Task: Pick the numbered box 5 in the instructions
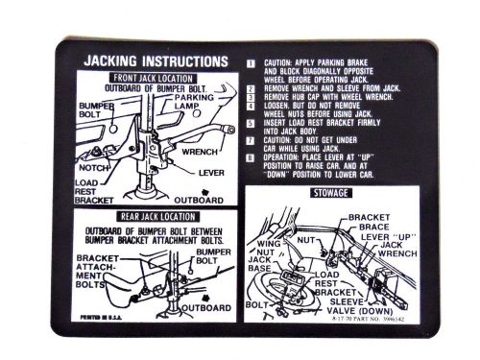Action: point(251,123)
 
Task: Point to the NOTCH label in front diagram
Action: point(94,169)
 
